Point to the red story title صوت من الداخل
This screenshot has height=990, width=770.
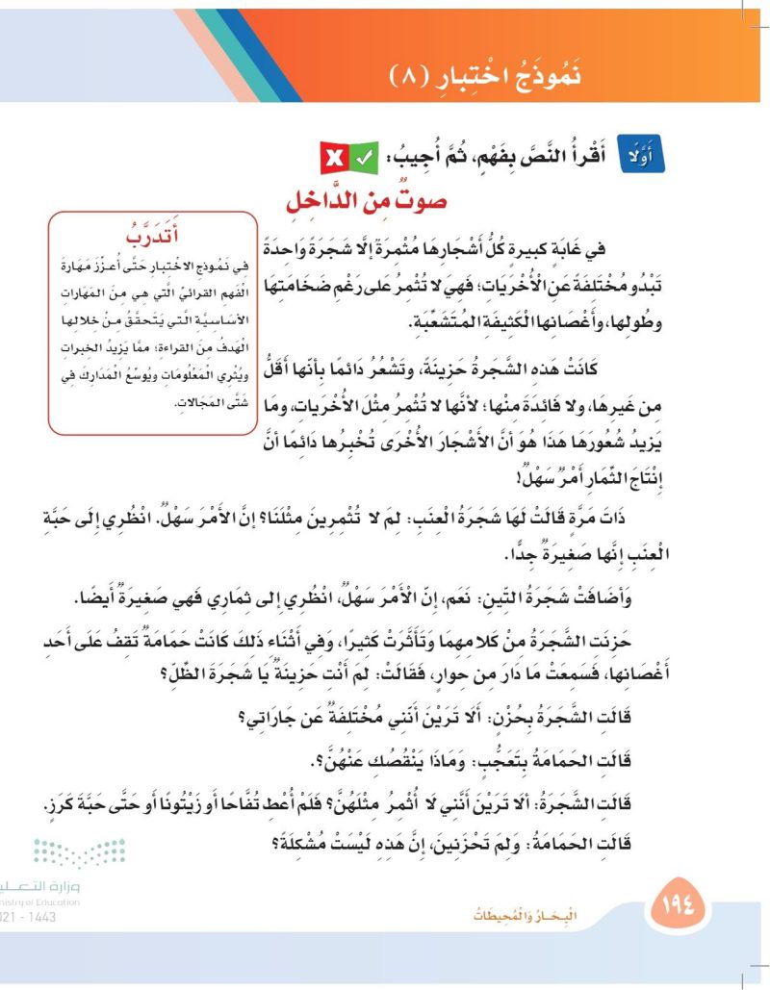pos(370,203)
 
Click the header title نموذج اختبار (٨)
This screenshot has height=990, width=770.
pos(492,74)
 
